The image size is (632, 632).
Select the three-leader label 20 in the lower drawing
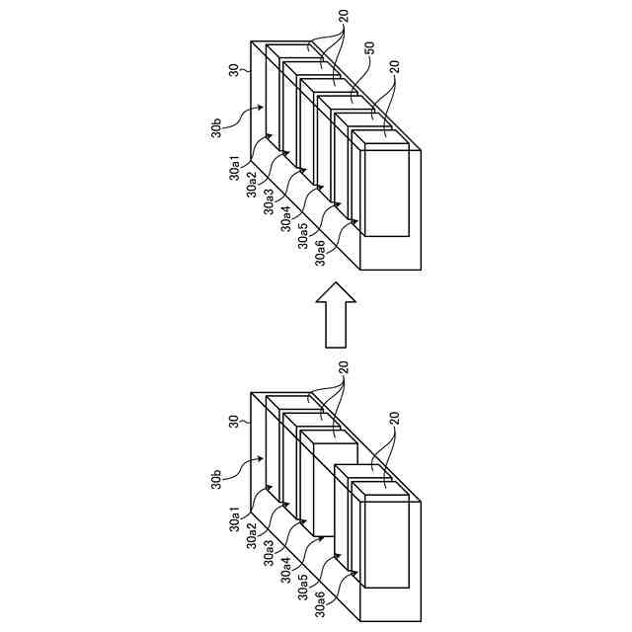point(344,366)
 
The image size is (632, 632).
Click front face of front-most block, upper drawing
point(385,192)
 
